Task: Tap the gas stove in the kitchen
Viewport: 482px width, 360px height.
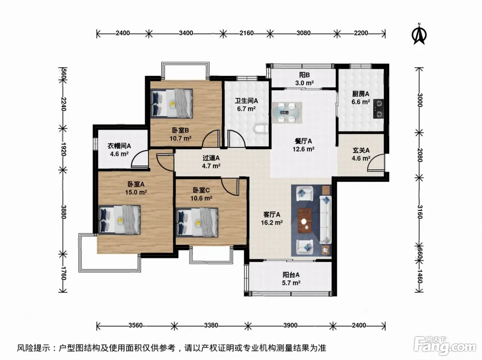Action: point(379,109)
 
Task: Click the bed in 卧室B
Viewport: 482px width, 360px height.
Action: point(172,103)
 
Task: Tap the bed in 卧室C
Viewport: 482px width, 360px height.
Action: point(197,223)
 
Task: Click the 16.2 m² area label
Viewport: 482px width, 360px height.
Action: point(272,223)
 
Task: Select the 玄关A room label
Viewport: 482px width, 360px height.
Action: point(361,150)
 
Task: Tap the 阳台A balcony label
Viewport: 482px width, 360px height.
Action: point(291,275)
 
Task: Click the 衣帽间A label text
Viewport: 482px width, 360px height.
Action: point(119,146)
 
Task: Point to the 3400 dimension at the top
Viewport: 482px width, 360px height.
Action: point(186,33)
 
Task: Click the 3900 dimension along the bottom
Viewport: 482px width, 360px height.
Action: point(290,325)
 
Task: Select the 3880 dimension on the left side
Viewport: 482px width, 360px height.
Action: point(63,212)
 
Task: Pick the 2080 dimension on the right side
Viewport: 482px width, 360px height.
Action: point(420,155)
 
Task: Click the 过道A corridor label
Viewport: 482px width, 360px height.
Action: point(211,158)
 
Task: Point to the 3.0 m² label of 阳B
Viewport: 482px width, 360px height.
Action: point(304,83)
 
